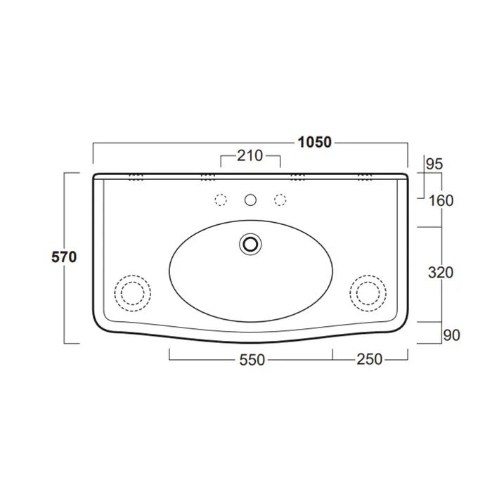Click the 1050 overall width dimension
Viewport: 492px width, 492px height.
(x=314, y=143)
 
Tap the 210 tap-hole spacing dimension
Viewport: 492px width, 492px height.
(x=250, y=155)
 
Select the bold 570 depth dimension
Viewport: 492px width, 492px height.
(x=64, y=257)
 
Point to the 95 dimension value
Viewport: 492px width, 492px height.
(x=434, y=164)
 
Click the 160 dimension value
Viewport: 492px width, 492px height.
(x=441, y=201)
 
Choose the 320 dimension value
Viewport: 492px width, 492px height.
(x=441, y=273)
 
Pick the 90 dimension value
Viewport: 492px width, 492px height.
(x=451, y=335)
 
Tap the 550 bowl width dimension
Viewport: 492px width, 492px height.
(x=252, y=360)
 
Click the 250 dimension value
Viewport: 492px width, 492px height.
(x=369, y=360)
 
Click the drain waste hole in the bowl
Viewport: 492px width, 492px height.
(x=250, y=244)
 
